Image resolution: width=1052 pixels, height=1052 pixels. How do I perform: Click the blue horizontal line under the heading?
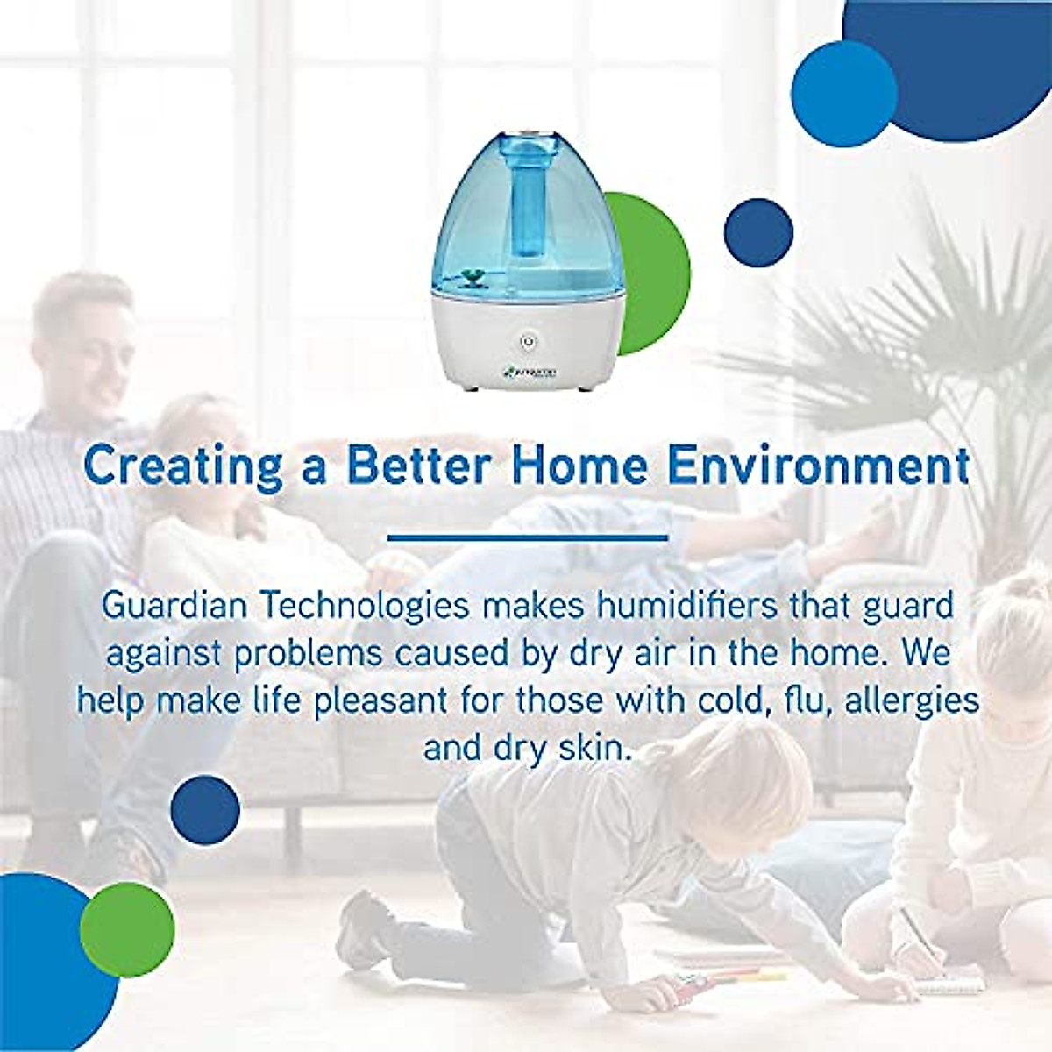(527, 537)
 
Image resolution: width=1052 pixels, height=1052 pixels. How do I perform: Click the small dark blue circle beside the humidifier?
(758, 233)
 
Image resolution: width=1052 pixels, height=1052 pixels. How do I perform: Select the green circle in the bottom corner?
(127, 929)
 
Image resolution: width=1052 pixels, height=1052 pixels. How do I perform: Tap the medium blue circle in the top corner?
(843, 93)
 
